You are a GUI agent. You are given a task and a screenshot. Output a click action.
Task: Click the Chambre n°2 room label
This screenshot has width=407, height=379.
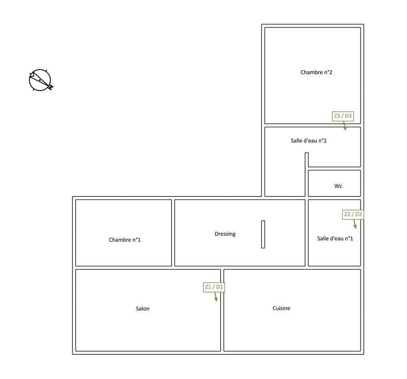pos(316,72)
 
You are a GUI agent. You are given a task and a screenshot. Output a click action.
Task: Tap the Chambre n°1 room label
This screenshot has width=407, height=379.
pos(124,240)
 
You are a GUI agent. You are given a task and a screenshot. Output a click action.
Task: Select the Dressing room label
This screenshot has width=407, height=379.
pos(225,234)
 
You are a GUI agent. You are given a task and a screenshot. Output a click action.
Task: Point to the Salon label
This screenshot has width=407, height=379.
pos(142,309)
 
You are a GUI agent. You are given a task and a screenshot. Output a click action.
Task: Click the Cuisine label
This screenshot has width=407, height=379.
pos(281,308)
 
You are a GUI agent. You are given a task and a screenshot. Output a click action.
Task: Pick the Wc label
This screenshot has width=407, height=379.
pos(338,186)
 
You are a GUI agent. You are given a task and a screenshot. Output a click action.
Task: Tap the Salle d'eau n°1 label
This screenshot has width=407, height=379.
pos(335,238)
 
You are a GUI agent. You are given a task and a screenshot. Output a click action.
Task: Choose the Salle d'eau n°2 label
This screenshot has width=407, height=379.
pos(308,141)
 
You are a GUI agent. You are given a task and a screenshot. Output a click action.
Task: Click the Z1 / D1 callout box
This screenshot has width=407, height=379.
pos(214,287)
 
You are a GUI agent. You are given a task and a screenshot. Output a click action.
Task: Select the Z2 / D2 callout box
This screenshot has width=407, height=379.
pos(353,214)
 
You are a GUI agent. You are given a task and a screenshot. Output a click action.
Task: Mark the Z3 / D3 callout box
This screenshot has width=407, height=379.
pos(343,116)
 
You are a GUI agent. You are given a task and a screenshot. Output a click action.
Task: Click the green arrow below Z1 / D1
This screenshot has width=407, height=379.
pos(215,297)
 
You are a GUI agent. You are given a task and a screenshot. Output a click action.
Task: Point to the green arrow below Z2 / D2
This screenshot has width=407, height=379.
pos(355,224)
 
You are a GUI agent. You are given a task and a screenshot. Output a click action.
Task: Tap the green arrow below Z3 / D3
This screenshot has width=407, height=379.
pos(345,126)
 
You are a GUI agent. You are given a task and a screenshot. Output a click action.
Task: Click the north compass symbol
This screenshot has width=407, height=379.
pos(41,80)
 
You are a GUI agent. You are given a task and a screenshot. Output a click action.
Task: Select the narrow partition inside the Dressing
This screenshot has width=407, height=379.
pos(263,234)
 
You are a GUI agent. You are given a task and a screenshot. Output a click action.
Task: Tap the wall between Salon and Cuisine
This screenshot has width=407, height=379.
pos(222,310)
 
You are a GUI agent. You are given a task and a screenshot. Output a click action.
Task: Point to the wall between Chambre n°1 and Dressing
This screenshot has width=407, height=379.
pos(173,233)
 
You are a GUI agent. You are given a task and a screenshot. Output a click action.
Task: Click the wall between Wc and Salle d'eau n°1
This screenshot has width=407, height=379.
pos(334,198)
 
